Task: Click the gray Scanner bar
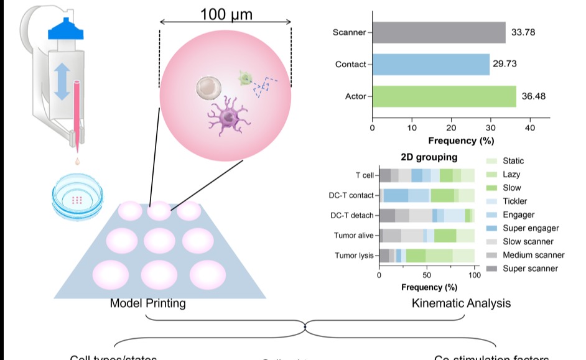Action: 439,32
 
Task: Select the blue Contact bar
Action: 430,64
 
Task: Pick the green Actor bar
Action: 444,96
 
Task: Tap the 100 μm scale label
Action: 226,13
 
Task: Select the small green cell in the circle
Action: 246,78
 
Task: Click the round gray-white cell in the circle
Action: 207,88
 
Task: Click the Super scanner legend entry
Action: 530,269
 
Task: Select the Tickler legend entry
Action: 516,201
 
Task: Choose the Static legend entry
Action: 513,161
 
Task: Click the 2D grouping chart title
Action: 429,157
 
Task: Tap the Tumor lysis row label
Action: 354,256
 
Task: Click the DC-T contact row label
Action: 351,196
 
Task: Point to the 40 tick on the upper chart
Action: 530,129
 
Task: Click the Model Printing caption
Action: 147,303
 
